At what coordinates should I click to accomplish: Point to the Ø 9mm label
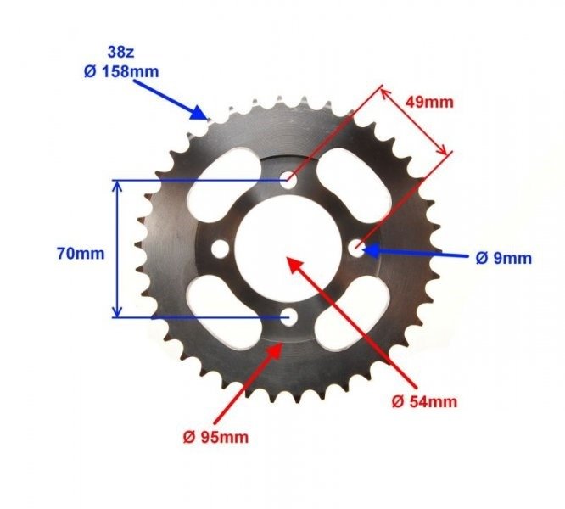[503, 257]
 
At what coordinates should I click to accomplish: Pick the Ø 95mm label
[216, 438]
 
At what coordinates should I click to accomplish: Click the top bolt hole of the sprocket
[288, 180]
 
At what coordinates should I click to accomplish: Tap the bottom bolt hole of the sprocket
[288, 318]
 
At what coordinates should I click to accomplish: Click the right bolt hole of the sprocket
[357, 248]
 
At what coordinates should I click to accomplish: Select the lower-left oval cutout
[220, 316]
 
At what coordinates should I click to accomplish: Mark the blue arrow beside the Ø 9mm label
[407, 253]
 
